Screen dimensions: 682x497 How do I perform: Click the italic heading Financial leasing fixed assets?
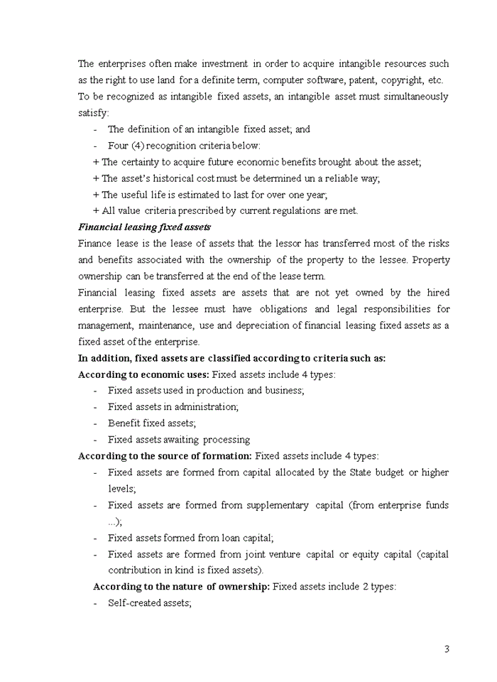[144, 227]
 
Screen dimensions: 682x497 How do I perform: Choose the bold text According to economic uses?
[143, 374]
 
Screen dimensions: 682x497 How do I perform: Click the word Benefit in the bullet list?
[124, 423]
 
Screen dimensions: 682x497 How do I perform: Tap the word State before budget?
[364, 472]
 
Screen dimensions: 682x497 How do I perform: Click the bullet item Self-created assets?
[150, 603]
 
